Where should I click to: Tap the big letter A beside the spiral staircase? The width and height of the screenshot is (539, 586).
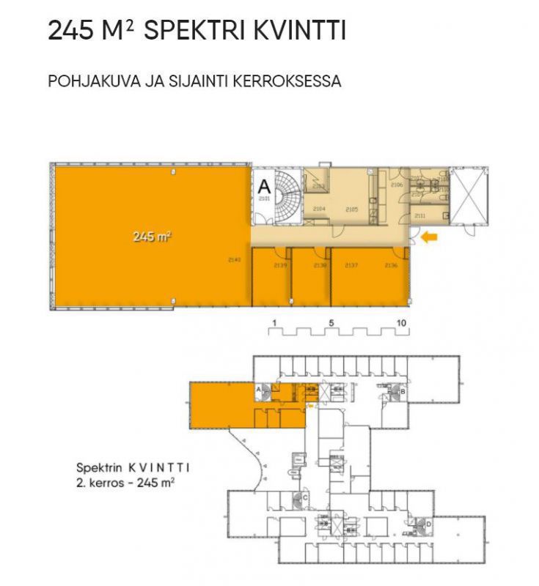(264, 186)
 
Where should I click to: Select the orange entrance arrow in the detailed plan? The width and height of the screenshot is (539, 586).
(429, 237)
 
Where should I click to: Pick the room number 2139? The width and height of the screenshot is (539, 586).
(279, 266)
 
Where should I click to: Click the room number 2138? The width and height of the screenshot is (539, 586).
(320, 266)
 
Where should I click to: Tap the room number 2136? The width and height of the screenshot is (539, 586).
(391, 266)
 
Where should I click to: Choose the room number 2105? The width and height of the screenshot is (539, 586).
(351, 209)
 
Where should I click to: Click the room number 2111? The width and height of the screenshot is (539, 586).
(420, 216)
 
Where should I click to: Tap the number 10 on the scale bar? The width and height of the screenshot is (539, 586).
(401, 322)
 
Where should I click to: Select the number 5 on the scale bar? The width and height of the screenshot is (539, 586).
(331, 322)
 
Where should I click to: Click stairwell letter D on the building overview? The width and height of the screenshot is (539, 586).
(428, 524)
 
